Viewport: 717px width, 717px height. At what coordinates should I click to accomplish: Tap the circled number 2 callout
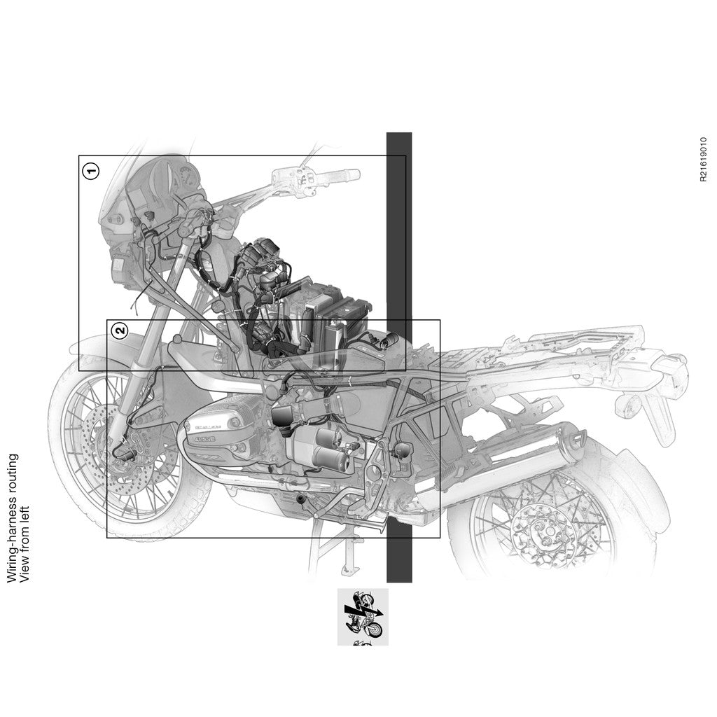point(120,330)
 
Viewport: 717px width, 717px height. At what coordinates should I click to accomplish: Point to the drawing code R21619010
point(703,160)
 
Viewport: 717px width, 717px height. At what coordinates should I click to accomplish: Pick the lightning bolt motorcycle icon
point(363,615)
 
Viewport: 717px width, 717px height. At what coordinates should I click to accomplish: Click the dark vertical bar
point(399,357)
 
